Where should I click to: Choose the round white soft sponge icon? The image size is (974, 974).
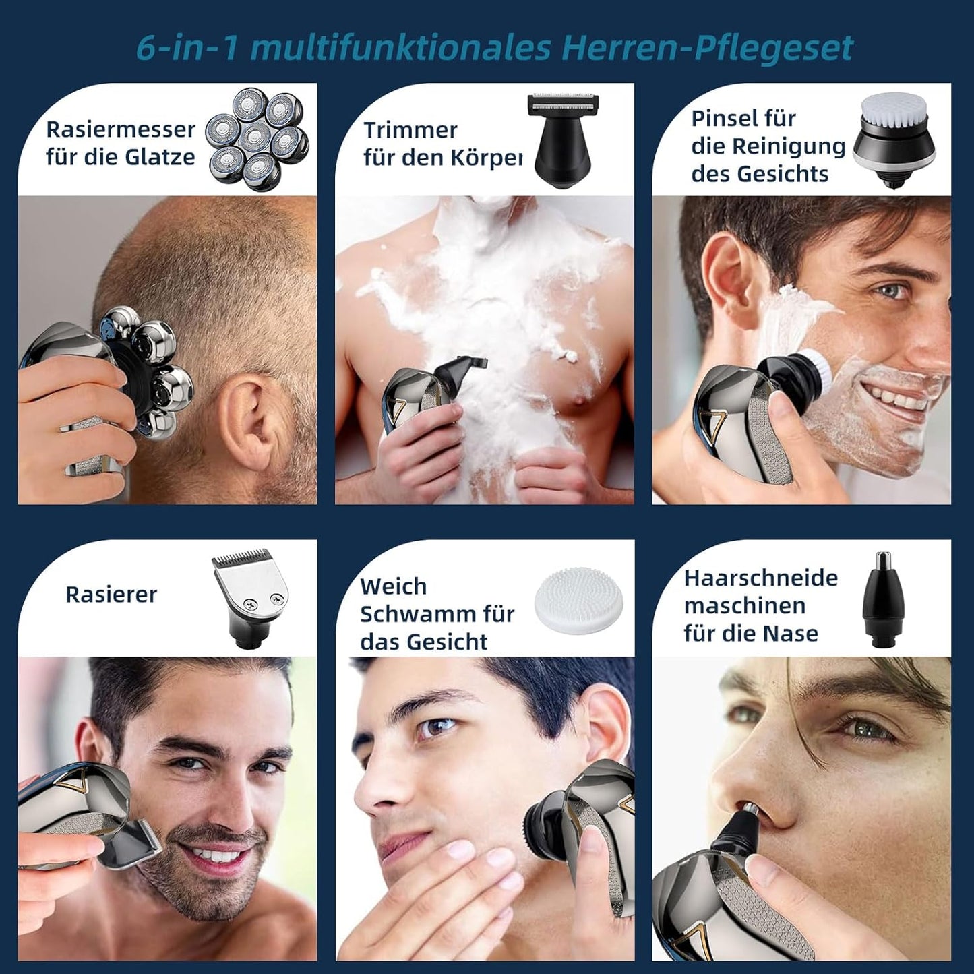(580, 596)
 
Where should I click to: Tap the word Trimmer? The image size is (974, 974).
(410, 129)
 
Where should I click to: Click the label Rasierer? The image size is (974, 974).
(111, 595)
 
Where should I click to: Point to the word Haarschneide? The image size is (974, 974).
(761, 578)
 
